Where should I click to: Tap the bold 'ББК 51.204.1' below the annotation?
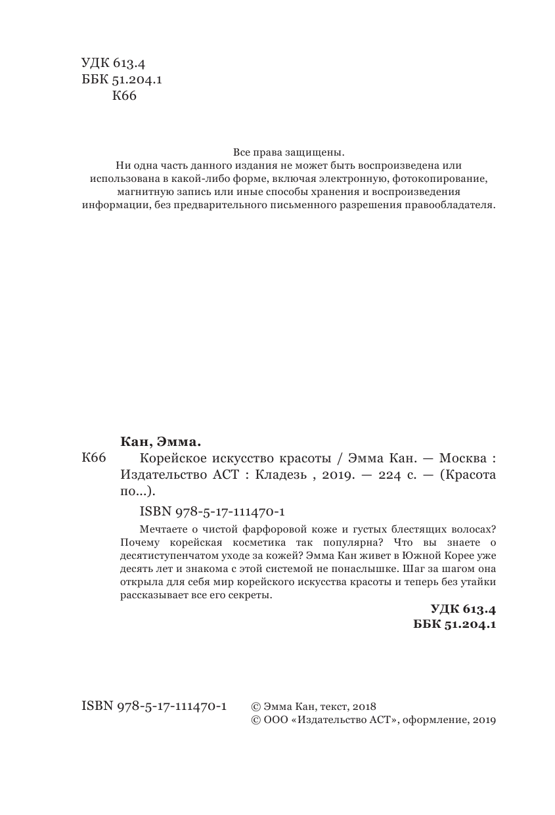click(x=455, y=626)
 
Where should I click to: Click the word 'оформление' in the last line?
click(x=433, y=720)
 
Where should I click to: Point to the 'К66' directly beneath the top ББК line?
click(x=124, y=96)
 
